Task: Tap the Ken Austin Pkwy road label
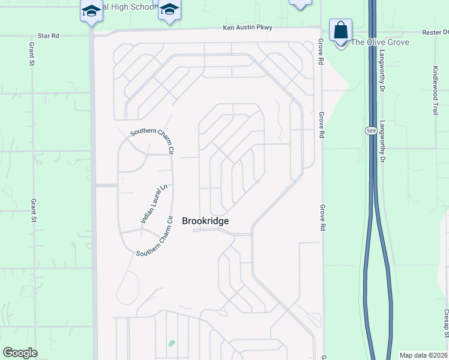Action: coord(247,28)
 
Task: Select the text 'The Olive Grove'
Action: coord(380,42)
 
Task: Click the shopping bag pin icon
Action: coord(340,30)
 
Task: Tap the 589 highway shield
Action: coord(370,130)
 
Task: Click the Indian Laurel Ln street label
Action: coord(151,204)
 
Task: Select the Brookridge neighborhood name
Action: coord(205,221)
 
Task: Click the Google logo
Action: coord(20,353)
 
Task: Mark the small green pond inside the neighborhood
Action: coord(172,344)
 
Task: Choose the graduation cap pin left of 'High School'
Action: coord(91,11)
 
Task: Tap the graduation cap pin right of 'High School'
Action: coord(170,10)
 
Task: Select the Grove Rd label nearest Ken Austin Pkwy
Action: coord(322,52)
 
